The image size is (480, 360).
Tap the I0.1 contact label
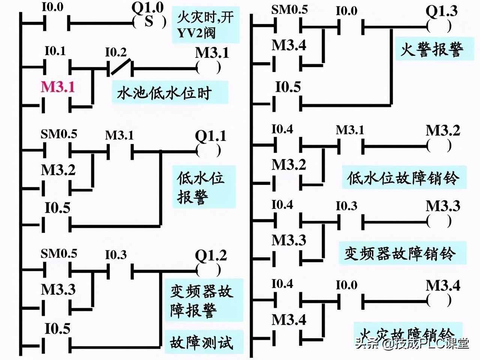pos(55,51)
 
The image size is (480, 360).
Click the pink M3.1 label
pos(58,87)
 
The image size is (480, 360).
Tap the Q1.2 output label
pos(211,255)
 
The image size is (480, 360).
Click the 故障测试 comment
pos(202,342)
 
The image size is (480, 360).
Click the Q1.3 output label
pos(441,11)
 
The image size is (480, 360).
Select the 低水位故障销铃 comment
pos(403,178)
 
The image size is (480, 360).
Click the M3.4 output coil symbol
pos(439,300)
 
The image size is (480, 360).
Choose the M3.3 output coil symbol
pos(439,222)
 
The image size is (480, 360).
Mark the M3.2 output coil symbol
pos(439,145)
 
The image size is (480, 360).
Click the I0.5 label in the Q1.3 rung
pos(288,87)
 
